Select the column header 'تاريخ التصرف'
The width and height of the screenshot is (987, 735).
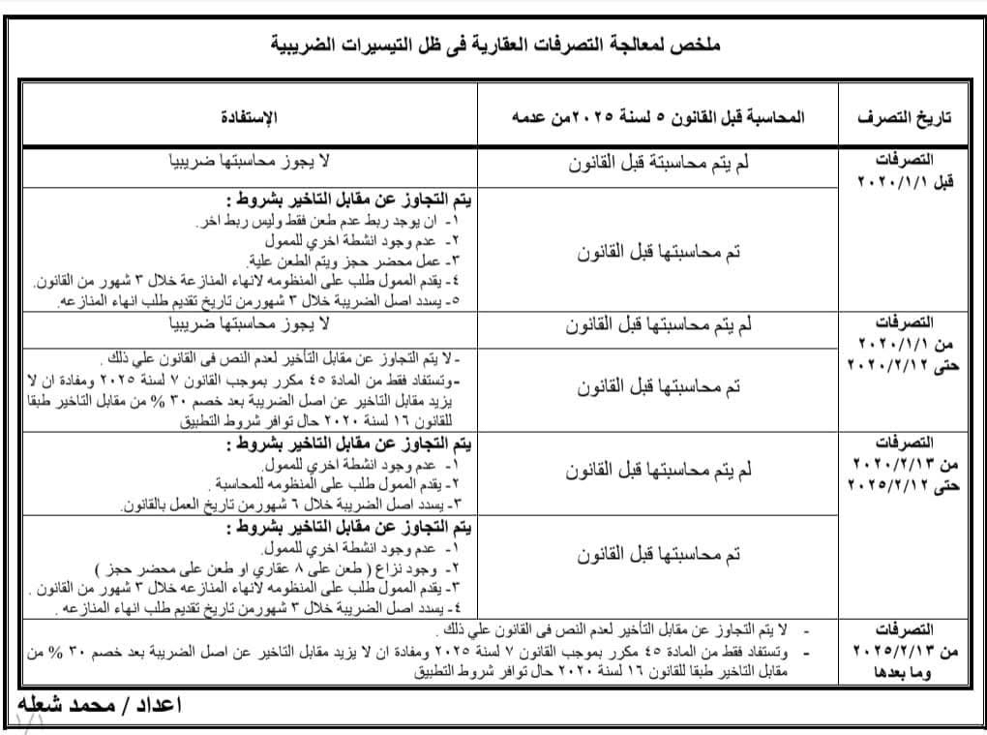coord(904,117)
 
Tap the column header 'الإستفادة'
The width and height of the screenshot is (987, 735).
coord(253,117)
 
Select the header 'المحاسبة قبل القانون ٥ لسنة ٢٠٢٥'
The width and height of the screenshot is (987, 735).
coord(677,117)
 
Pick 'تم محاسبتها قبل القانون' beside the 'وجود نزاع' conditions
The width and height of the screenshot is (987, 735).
coord(659,555)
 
